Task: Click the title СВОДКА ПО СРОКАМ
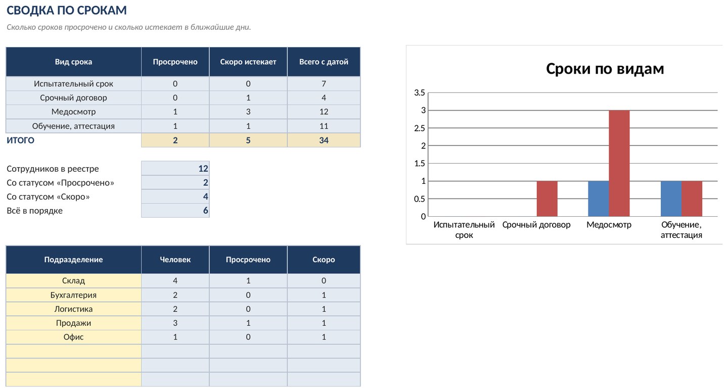(67, 11)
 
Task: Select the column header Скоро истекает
(248, 62)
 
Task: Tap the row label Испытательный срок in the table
(73, 84)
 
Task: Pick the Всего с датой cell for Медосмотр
(324, 112)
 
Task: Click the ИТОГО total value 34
(324, 140)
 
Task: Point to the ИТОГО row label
(20, 140)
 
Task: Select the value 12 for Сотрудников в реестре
(203, 169)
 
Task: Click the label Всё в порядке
(34, 211)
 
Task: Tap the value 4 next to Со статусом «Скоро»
(205, 197)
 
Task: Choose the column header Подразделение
(73, 260)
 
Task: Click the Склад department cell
(73, 280)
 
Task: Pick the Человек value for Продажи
(175, 323)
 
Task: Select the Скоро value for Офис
(324, 337)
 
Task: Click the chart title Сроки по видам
(605, 69)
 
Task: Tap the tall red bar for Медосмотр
(619, 163)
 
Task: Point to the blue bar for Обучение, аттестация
(671, 199)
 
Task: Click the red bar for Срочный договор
(547, 199)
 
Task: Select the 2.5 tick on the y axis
(419, 128)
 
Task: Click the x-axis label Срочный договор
(536, 225)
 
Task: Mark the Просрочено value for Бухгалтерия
(248, 295)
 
